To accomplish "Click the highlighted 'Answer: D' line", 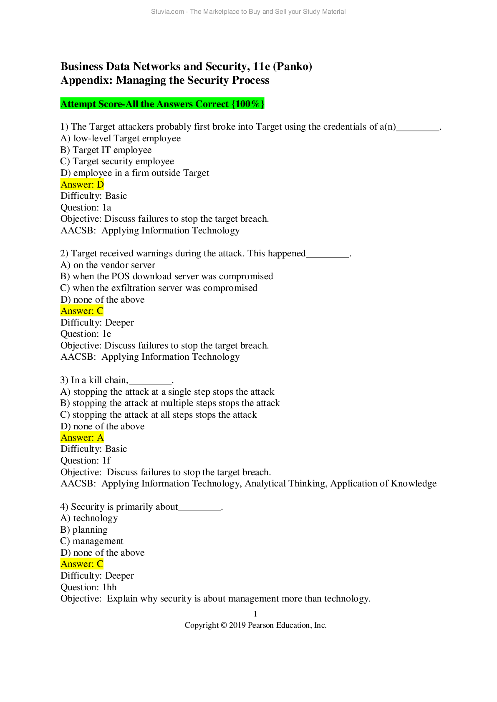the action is pos(82,184).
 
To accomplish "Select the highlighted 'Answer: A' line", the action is pos(82,437).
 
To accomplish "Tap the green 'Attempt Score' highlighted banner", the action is pos(162,104).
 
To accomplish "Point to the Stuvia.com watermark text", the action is pos(248,12).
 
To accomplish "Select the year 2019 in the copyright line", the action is pos(237,625).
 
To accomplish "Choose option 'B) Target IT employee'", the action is pos(106,150).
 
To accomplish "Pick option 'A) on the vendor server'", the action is pos(108,265).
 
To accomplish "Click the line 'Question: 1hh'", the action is pos(88,587).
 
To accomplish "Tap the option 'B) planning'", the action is pos(84,530).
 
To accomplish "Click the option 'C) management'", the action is pos(92,541).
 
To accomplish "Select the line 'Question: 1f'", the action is pos(86,460).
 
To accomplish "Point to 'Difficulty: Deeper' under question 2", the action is pos(97,323).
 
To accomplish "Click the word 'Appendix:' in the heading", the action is pos(86,80).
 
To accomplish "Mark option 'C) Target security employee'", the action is pos(117,161).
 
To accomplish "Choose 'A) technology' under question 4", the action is pos(89,518).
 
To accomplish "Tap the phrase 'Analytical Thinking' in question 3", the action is pos(286,484).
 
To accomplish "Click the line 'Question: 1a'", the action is pos(86,208).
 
